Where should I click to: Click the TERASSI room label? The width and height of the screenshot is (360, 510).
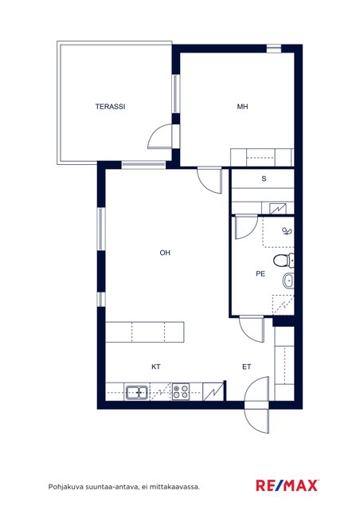pyautogui.click(x=110, y=106)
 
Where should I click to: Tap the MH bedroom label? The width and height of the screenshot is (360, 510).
pyautogui.click(x=243, y=106)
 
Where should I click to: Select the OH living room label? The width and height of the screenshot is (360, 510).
pyautogui.click(x=165, y=253)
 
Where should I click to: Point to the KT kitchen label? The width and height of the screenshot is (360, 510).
pyautogui.click(x=156, y=367)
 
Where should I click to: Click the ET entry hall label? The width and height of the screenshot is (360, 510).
pyautogui.click(x=246, y=367)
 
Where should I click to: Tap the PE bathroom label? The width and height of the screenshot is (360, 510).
pyautogui.click(x=260, y=274)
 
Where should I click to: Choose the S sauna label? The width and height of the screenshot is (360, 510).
pyautogui.click(x=264, y=178)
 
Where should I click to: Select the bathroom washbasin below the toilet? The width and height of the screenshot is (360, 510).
pyautogui.click(x=288, y=281)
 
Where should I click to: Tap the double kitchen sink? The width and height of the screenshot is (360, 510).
pyautogui.click(x=137, y=393)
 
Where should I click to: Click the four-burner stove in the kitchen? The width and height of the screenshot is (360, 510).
pyautogui.click(x=181, y=391)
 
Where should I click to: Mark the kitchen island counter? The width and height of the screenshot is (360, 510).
pyautogui.click(x=145, y=332)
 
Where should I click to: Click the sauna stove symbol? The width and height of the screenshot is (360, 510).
pyautogui.click(x=278, y=208)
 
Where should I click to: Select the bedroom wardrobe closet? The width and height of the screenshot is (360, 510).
pyautogui.click(x=262, y=158)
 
